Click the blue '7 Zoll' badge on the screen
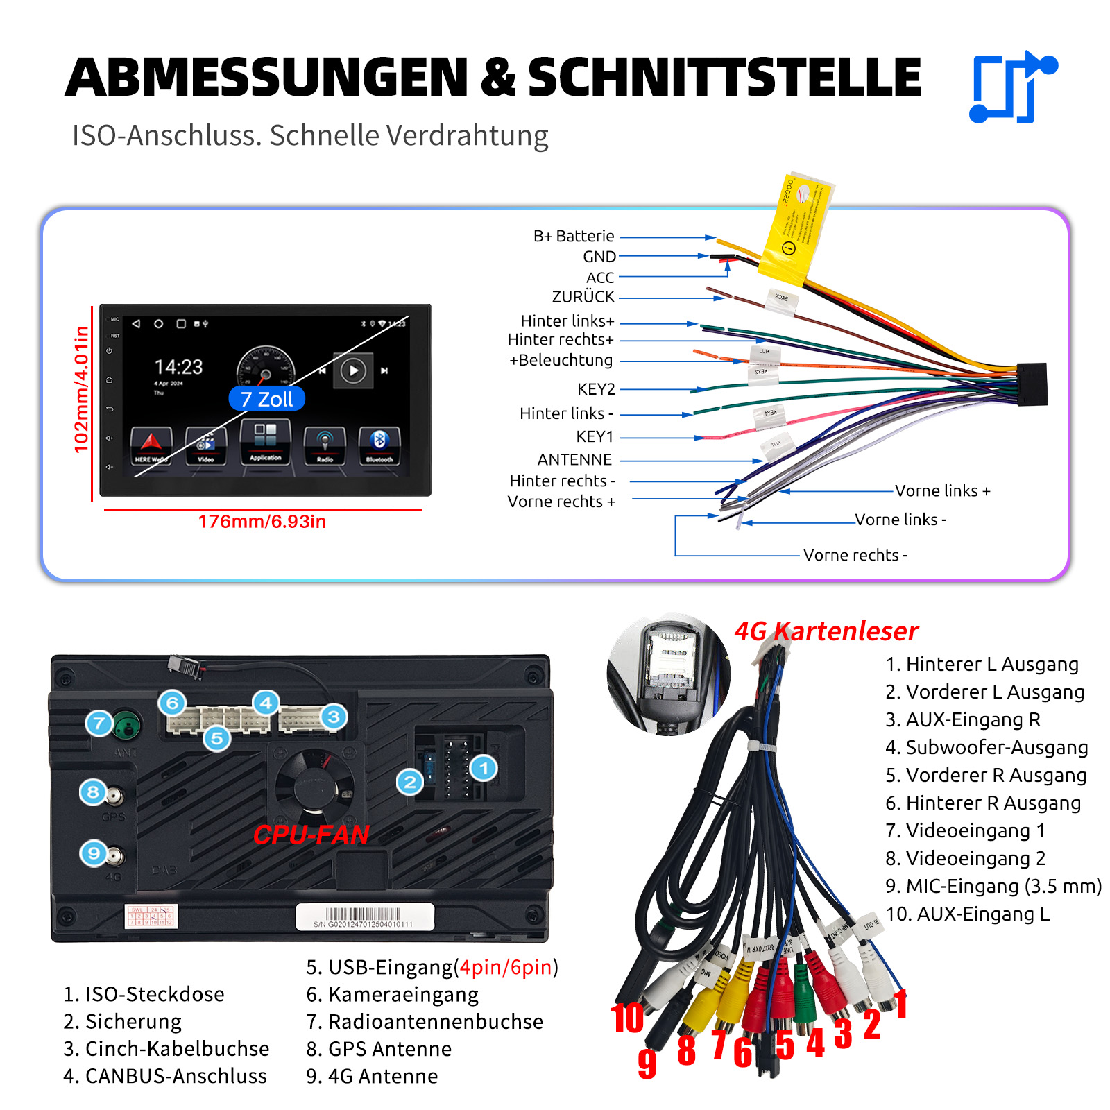click(x=267, y=399)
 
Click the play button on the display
click(x=353, y=370)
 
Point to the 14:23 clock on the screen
click(x=178, y=366)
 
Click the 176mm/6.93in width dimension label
click(x=262, y=522)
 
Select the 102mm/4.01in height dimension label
click(x=82, y=389)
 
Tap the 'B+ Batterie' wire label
click(x=574, y=237)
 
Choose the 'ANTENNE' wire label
click(x=574, y=459)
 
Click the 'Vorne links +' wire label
click(x=942, y=491)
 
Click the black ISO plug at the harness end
click(x=1032, y=384)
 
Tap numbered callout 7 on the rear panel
click(x=99, y=724)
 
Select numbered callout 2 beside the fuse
click(x=410, y=783)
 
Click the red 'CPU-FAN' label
click(x=311, y=835)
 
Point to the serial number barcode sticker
click(x=364, y=916)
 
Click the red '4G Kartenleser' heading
click(x=826, y=631)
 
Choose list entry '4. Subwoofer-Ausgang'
click(x=987, y=747)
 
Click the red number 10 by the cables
click(x=627, y=1018)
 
